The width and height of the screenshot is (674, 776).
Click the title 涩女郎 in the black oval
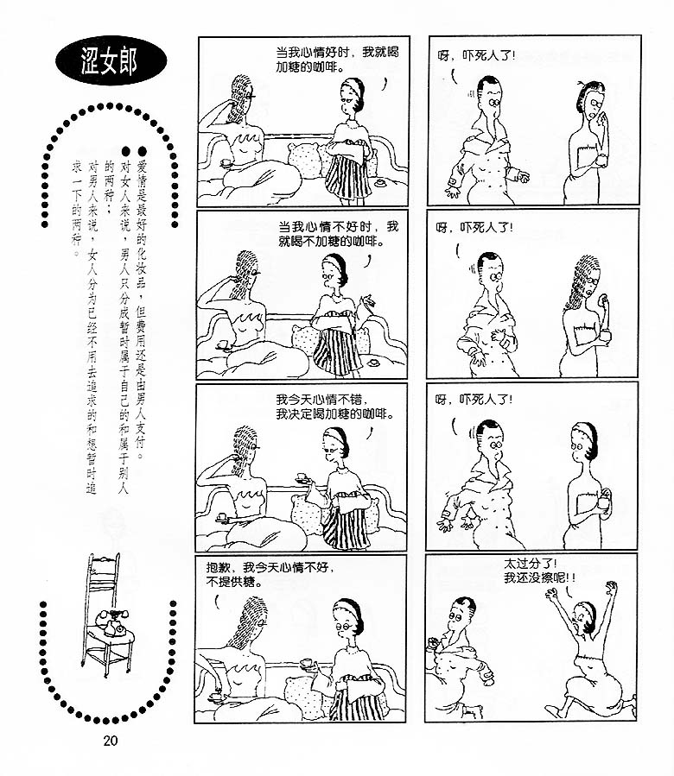(x=109, y=61)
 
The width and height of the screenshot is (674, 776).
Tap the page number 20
(x=111, y=741)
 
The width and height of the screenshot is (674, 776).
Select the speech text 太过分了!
(x=531, y=564)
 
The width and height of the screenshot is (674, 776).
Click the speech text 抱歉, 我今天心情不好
(x=270, y=567)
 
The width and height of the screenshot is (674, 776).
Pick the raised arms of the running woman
(x=580, y=606)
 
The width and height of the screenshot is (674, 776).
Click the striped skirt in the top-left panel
(x=347, y=176)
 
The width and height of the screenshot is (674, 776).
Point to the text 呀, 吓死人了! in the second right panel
(x=474, y=228)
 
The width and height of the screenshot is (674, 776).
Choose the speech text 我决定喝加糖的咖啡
(x=334, y=414)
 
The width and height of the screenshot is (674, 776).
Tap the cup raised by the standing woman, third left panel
(x=301, y=478)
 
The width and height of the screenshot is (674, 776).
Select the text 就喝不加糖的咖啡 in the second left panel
(x=331, y=242)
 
